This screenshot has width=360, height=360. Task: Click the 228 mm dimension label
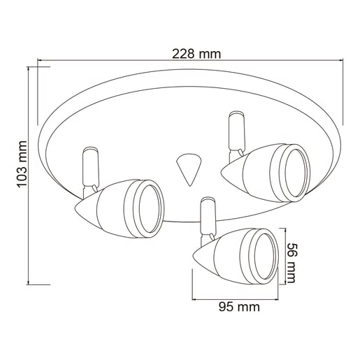[x=196, y=55]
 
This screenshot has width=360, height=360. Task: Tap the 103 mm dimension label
[x=22, y=164]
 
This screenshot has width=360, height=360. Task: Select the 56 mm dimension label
[x=291, y=263]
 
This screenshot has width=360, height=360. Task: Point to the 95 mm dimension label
[x=239, y=307]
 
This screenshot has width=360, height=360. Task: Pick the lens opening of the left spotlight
[x=150, y=210]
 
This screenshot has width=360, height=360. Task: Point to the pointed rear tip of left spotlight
[x=75, y=208]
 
